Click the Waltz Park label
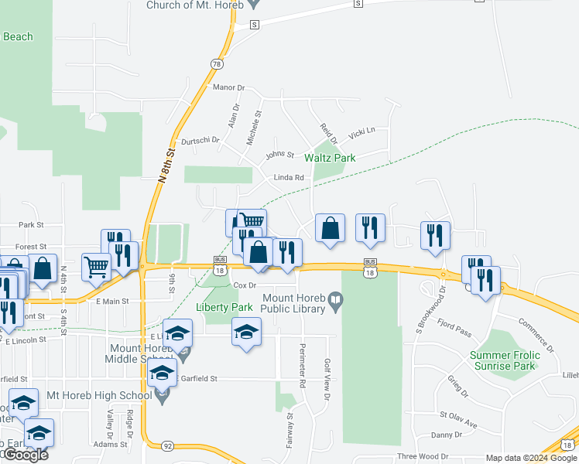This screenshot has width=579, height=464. pyautogui.click(x=330, y=158)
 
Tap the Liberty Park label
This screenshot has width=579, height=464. pyautogui.click(x=225, y=307)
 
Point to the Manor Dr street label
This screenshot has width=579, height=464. pyautogui.click(x=228, y=88)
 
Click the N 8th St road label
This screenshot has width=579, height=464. pyautogui.click(x=163, y=166)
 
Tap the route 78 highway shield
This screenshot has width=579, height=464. pyautogui.click(x=216, y=64)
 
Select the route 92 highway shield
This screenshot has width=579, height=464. pyautogui.click(x=168, y=446)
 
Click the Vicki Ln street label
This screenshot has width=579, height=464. pyautogui.click(x=361, y=133)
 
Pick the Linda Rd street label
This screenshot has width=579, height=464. pyautogui.click(x=287, y=178)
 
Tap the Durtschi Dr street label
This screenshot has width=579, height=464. pyautogui.click(x=200, y=141)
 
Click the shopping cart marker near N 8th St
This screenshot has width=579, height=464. pyautogui.click(x=96, y=266)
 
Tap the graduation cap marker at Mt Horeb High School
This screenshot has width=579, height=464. pyautogui.click(x=162, y=374)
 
